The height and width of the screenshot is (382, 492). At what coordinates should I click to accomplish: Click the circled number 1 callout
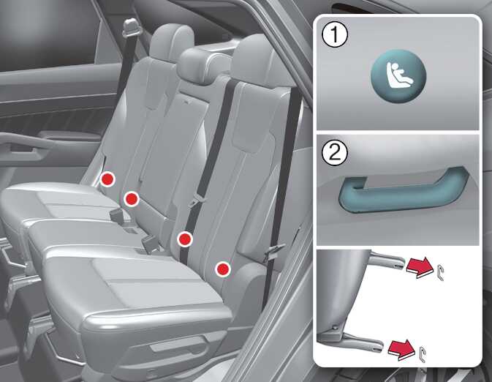coord(335,35)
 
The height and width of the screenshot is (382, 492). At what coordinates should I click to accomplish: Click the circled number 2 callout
coord(335,153)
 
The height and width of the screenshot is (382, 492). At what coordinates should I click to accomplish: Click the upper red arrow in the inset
coord(420,267)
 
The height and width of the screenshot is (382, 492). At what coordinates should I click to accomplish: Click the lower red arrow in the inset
coord(402,348)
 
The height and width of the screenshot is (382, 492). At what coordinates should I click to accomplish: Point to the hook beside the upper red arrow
coord(440,272)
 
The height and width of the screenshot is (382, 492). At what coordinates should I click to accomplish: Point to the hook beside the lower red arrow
coord(423,354)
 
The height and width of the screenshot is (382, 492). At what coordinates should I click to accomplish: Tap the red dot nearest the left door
coord(107,179)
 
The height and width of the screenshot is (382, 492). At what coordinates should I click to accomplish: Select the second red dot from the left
coord(132,199)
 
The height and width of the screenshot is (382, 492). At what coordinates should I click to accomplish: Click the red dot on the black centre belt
coord(185,239)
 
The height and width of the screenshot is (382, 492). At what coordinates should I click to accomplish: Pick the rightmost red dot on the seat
coord(223,269)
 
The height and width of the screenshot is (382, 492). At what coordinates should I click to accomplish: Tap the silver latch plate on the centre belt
coord(195,200)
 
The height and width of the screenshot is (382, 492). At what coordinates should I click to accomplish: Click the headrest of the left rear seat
coord(172,41)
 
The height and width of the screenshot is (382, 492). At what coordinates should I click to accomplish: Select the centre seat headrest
coord(205,65)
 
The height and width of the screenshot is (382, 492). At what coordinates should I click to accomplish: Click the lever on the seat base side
coord(179,346)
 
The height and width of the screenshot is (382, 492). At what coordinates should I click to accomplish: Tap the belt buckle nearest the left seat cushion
coord(118,216)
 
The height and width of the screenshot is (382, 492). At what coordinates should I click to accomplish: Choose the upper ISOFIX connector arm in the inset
coord(388,260)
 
